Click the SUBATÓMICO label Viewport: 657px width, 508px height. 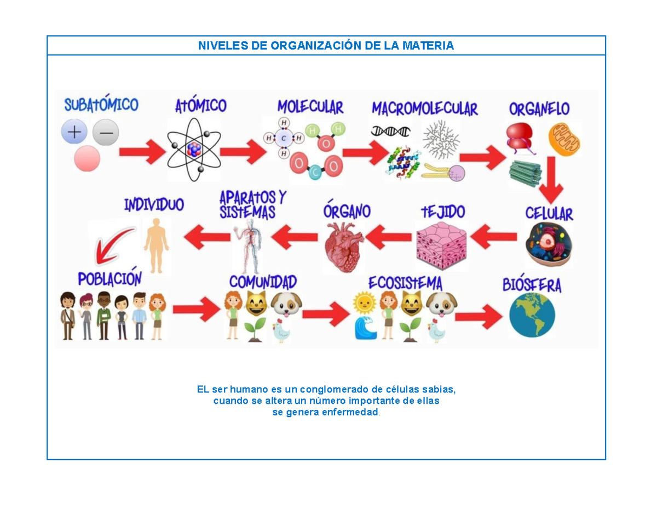coord(101,104)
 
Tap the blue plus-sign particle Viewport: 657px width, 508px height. coord(74,132)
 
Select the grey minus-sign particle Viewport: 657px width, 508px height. coord(106,132)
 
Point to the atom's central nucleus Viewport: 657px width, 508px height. coord(194,149)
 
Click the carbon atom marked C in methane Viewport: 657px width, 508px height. coord(284,138)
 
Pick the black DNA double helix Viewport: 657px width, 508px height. coord(390,132)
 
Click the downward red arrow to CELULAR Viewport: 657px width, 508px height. coord(551,180)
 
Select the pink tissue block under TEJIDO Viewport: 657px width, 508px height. coord(441,246)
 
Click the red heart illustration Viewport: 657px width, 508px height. coord(344,247)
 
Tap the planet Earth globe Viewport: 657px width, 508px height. coord(532,315)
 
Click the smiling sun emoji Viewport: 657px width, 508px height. coord(365,302)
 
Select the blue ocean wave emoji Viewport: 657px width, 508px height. coord(366,328)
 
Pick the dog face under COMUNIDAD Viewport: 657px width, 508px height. coord(286,304)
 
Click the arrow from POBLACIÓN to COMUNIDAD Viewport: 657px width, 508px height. coord(197,309)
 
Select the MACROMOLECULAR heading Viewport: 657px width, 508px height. coord(424,109)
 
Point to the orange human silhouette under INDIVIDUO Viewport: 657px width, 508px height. coord(157,246)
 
